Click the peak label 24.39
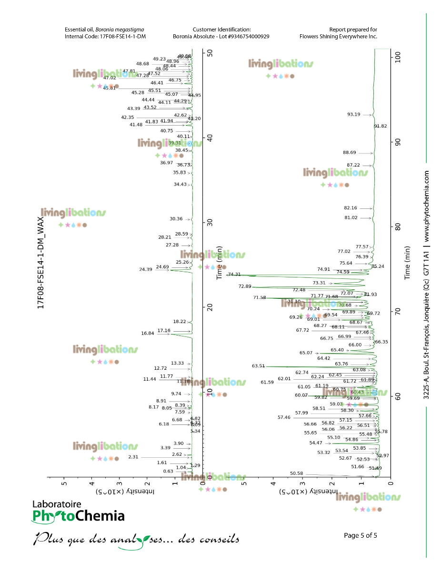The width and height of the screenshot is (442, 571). [x=146, y=269]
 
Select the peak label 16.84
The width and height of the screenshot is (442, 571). [x=148, y=333]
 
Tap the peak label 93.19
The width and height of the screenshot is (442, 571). [x=354, y=114]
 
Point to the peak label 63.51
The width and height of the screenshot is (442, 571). [x=258, y=366]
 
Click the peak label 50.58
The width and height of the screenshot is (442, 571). [x=296, y=473]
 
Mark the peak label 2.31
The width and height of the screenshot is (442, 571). [x=133, y=457]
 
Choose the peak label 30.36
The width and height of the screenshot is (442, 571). [x=176, y=219]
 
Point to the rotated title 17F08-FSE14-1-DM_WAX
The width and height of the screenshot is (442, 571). [x=41, y=263]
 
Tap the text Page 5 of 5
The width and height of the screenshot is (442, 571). [x=361, y=535]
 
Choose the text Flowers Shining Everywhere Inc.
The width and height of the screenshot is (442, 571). [x=338, y=37]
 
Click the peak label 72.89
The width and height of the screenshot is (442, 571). [x=244, y=286]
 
